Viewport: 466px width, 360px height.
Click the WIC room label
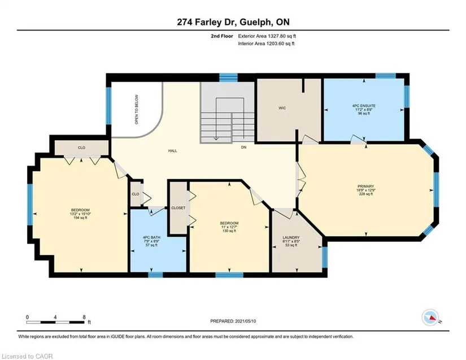[282, 108]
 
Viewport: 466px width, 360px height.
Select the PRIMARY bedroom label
[366, 186]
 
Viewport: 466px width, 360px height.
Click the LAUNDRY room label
[291, 237]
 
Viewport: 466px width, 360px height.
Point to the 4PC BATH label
[151, 237]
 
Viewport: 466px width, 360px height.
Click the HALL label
[173, 151]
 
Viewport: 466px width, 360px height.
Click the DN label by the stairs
[243, 147]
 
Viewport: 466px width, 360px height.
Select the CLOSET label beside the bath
[178, 208]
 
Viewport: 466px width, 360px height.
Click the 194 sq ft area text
[80, 218]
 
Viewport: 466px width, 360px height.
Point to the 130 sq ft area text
[229, 231]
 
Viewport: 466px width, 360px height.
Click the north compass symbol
[430, 318]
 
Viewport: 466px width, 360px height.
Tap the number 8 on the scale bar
[84, 317]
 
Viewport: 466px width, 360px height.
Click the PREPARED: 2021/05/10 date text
[233, 321]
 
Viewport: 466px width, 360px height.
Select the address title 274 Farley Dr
[207, 22]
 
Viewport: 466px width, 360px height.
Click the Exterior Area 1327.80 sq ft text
[267, 36]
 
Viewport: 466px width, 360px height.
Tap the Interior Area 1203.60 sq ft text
[266, 44]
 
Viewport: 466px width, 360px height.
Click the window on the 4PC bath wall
[155, 275]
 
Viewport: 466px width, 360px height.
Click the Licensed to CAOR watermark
[27, 356]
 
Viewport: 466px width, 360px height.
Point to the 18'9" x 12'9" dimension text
[366, 190]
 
